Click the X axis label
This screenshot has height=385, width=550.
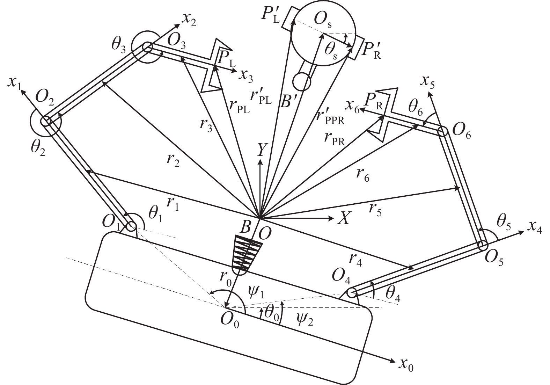(x=343, y=218)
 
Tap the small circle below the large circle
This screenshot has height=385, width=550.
(x=301, y=82)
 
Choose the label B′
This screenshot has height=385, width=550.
(x=289, y=101)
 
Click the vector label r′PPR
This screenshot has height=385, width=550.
(x=330, y=117)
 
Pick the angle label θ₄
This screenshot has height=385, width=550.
(x=393, y=295)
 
